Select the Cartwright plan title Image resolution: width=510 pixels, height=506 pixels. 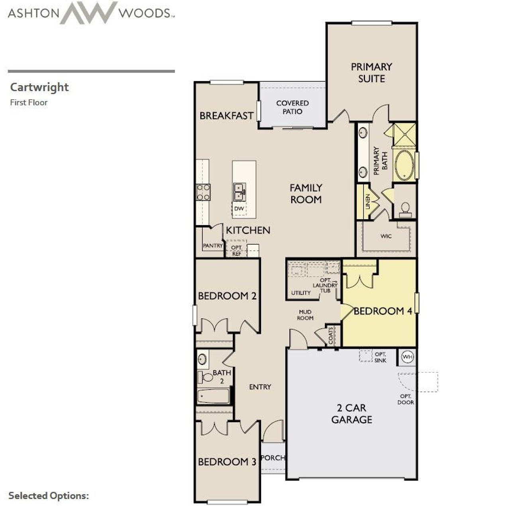coord(39,87)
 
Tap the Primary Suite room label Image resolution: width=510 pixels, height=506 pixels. coord(371,73)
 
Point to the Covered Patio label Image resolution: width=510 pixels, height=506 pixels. coord(292,107)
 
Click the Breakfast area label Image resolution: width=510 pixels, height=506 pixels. coord(226,116)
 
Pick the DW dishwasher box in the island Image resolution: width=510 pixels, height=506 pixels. coord(239,208)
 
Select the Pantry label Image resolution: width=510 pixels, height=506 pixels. coord(213,245)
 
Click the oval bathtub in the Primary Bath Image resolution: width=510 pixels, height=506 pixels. coord(404,165)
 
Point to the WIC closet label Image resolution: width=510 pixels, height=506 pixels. coord(386,236)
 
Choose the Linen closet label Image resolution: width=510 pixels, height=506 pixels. coord(368,202)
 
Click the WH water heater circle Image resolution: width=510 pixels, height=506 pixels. coord(407,357)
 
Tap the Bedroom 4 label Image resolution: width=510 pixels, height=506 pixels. coord(383,311)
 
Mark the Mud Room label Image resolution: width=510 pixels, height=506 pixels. coord(305,315)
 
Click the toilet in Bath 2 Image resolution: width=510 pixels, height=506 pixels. coord(206,377)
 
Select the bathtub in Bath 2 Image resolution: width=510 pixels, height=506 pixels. coord(214,396)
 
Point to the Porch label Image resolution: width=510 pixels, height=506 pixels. coord(273,458)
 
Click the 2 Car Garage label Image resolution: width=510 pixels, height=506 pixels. coord(352,414)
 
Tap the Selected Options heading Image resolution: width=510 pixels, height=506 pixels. coord(49,496)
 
